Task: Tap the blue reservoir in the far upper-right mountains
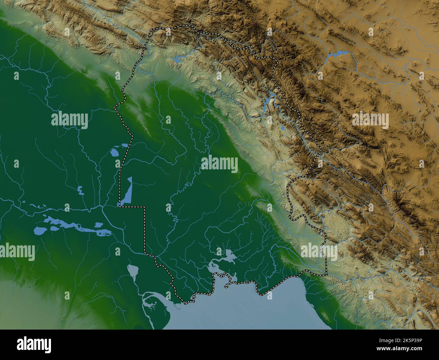click(x=339, y=53)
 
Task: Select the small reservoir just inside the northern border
click(x=176, y=60)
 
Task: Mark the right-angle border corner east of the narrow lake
click(x=145, y=207)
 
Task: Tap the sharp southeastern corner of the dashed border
click(x=327, y=274)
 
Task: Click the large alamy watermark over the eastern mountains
click(x=370, y=120)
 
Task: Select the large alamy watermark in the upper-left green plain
click(x=70, y=119)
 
